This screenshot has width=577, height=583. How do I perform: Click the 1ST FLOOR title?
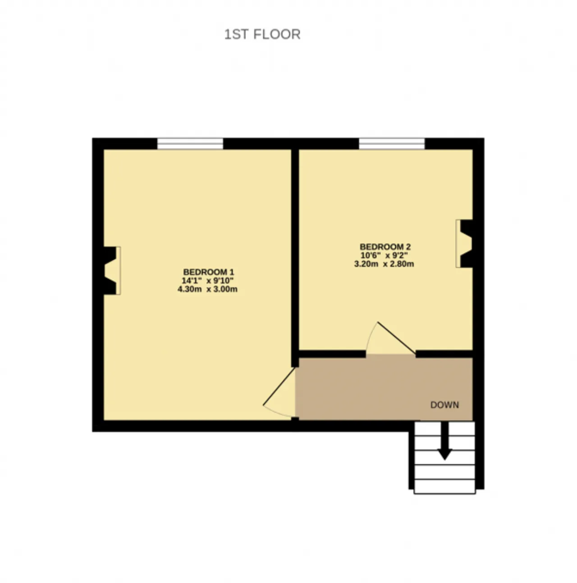pyautogui.click(x=262, y=34)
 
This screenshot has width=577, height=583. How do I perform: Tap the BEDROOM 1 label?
pyautogui.click(x=209, y=272)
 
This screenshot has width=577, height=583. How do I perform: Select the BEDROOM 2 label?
pyautogui.click(x=385, y=246)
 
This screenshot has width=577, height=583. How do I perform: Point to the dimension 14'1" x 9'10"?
pyautogui.click(x=208, y=281)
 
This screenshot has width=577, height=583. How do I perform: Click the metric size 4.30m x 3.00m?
pyautogui.click(x=207, y=289)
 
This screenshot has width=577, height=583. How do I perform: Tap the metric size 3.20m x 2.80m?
pyautogui.click(x=384, y=264)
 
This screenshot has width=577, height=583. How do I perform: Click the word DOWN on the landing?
pyautogui.click(x=444, y=405)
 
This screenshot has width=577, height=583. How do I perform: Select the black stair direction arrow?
pyautogui.click(x=444, y=440)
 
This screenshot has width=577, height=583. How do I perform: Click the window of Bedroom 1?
pyautogui.click(x=190, y=143)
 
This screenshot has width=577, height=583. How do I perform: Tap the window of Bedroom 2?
pyautogui.click(x=392, y=143)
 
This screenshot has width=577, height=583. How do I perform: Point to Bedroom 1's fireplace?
pyautogui.click(x=112, y=270)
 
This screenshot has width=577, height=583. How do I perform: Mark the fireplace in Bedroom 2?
pyautogui.click(x=464, y=244)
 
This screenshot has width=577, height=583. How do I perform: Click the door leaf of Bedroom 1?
pyautogui.click(x=279, y=386)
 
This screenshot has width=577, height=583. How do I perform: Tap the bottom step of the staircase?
pyautogui.click(x=444, y=486)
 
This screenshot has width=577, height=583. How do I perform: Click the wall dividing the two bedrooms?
pyautogui.click(x=295, y=258)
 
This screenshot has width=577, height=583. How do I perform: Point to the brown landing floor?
pyautogui.click(x=384, y=389)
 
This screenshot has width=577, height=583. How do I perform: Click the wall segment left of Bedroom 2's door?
pyautogui.click(x=332, y=354)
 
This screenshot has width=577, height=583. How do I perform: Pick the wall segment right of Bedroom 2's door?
pyautogui.click(x=444, y=354)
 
